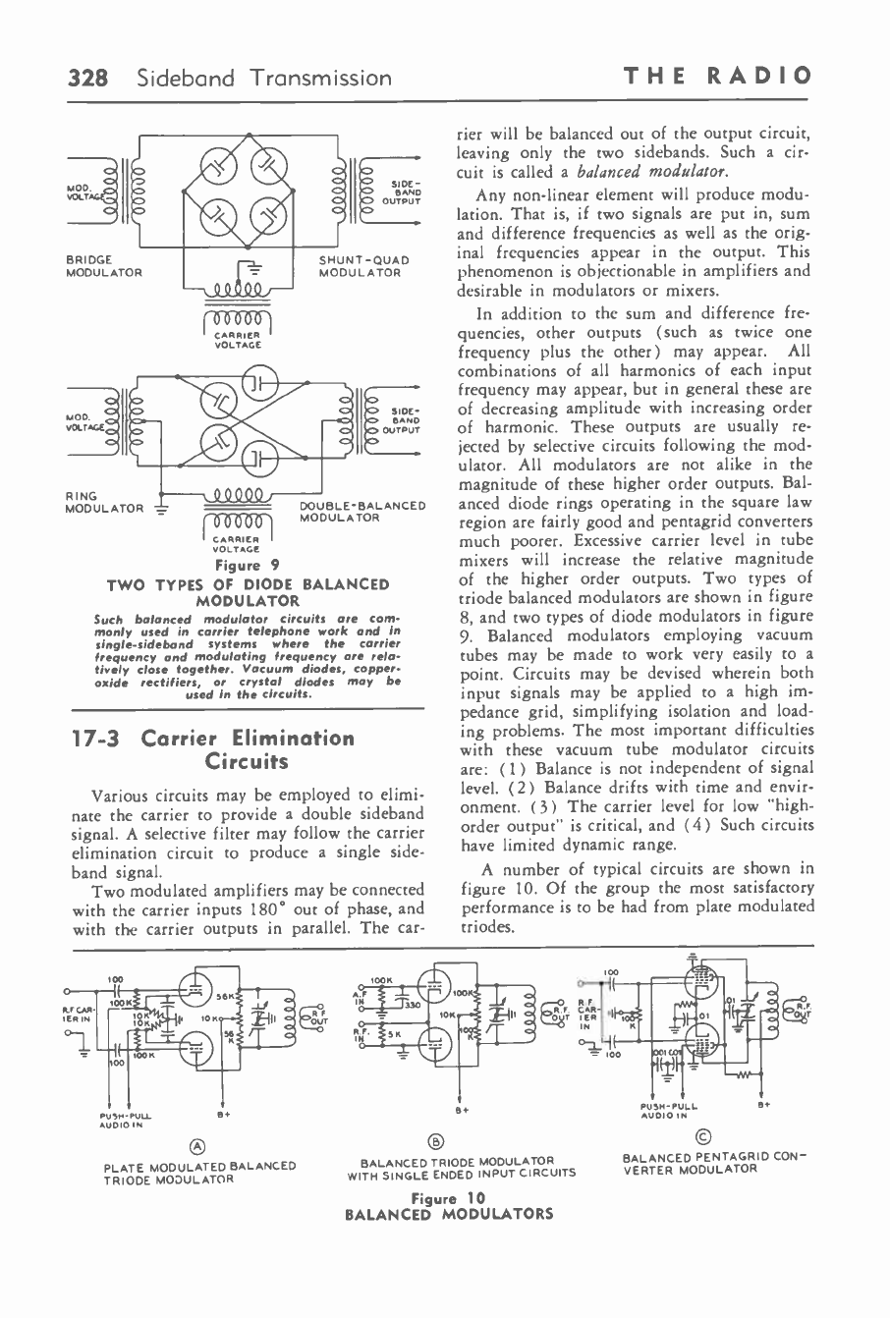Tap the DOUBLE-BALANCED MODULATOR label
point(362,512)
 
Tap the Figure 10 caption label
point(447,1198)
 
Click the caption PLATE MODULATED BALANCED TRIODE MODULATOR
point(199,1172)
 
